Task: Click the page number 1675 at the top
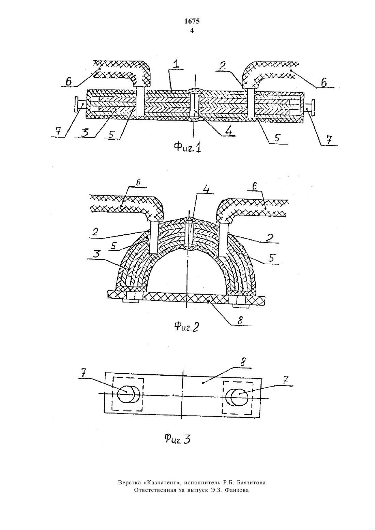pyautogui.click(x=192, y=21)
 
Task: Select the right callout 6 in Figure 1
pyautogui.click(x=324, y=82)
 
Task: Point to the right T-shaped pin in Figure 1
pyautogui.click(x=309, y=108)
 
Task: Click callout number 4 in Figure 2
pyautogui.click(x=207, y=189)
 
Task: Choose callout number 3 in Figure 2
pyautogui.click(x=96, y=254)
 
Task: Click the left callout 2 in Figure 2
pyautogui.click(x=95, y=232)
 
